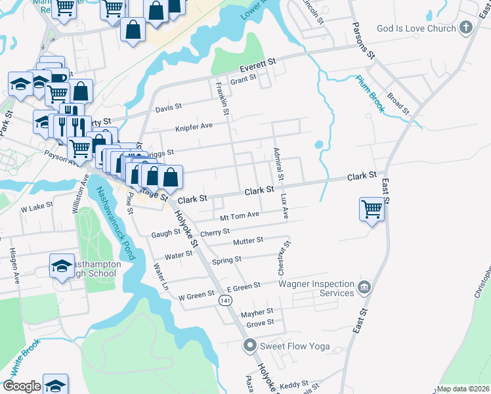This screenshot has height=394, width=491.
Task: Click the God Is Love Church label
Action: (x=416, y=28)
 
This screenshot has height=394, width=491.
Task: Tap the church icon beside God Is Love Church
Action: (x=465, y=28)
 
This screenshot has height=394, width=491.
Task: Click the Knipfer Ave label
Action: (x=194, y=126)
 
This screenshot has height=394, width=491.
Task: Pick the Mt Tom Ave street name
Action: (x=240, y=215)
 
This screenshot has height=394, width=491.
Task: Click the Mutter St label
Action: (x=248, y=241)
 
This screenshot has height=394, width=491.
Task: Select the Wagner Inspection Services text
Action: (x=316, y=288)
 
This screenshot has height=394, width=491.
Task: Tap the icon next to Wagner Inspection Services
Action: (x=364, y=287)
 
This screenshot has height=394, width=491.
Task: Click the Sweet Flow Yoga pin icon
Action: (x=249, y=344)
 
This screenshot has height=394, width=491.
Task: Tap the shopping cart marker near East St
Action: (x=372, y=209)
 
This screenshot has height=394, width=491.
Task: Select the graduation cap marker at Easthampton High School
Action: (x=62, y=266)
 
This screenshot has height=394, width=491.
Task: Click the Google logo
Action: (x=22, y=387)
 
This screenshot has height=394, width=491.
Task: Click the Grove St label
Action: (x=260, y=322)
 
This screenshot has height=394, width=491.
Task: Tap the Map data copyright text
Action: (x=463, y=389)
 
